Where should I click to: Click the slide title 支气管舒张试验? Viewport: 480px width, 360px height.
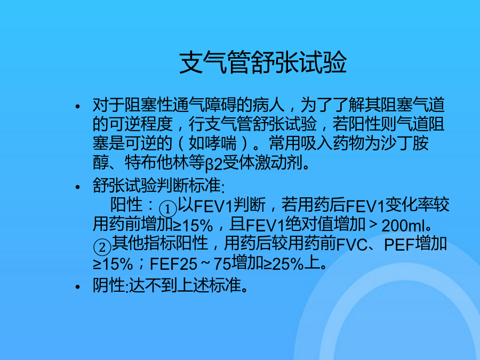coord(262,62)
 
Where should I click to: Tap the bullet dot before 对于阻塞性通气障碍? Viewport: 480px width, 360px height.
coord(77,107)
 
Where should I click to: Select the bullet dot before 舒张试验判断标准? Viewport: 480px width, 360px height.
coord(77,187)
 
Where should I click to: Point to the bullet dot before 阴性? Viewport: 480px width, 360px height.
coord(77,287)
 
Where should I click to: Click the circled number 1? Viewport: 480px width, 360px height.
coord(168,209)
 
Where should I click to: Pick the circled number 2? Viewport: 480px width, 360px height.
coord(102,247)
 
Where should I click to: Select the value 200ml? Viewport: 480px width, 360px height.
coord(403,226)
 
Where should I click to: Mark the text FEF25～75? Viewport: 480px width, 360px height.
coord(190,264)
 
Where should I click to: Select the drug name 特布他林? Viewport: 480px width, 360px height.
coord(156,163)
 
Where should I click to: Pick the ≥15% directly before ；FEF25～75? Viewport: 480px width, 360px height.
coord(113,264)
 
